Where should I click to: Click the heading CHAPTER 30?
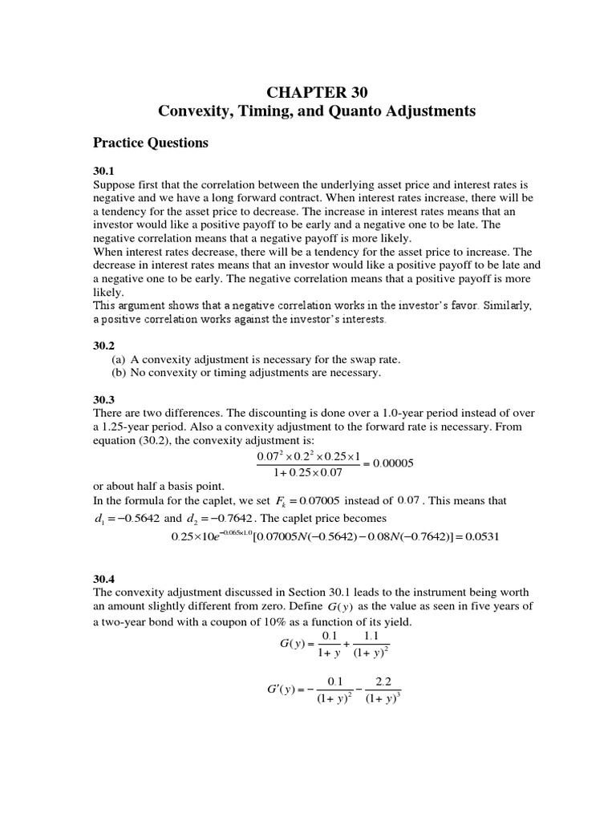click(x=308, y=91)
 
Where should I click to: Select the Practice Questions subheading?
click(x=151, y=143)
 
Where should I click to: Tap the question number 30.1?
click(x=104, y=171)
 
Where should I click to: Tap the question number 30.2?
click(x=104, y=346)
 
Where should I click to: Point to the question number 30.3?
click(x=104, y=399)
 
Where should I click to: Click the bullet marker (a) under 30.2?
click(x=119, y=359)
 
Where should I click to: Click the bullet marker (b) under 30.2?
click(x=119, y=373)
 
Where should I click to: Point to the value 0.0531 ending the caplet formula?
click(x=483, y=536)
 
